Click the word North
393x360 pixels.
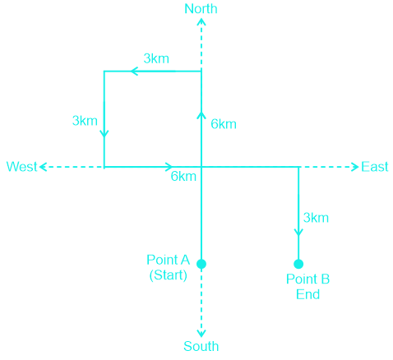pos(201,9)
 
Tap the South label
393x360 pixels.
pos(201,346)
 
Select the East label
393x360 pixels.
pos(375,167)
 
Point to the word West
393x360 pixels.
pos(21,167)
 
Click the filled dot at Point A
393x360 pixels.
pos(201,264)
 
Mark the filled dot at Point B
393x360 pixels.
pos(298,264)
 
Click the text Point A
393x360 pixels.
pos(168,260)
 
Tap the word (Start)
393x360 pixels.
pos(168,275)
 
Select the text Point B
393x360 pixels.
pos(307,279)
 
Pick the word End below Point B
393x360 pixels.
pos(307,294)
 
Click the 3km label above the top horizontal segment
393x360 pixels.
pos(156,58)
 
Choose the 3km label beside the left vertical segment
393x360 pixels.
pos(85,121)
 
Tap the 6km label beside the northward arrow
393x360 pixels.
pos(224,124)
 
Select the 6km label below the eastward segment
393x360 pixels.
pos(183,177)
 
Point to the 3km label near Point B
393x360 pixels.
pos(316,218)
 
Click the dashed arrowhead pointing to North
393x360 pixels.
pos(201,21)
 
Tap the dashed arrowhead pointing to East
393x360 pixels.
pos(356,167)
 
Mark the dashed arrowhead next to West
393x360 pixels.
pos(43,167)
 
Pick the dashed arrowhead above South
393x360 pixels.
pos(201,334)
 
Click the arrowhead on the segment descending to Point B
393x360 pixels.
pos(298,233)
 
